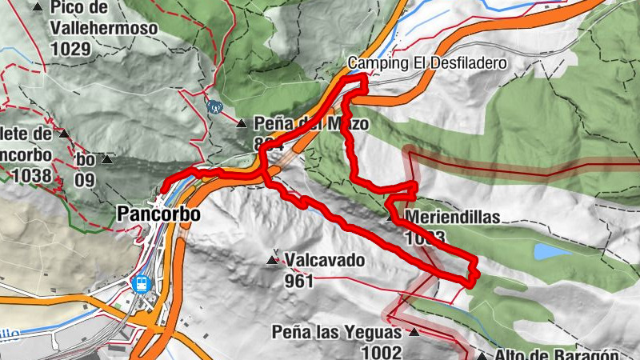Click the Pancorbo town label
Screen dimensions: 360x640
click(x=158, y=214)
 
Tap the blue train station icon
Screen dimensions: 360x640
click(x=142, y=283)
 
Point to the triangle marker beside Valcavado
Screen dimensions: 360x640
click(x=273, y=259)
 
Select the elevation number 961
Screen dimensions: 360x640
click(x=298, y=281)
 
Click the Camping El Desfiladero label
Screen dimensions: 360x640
click(x=428, y=63)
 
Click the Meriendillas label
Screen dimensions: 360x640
click(x=453, y=217)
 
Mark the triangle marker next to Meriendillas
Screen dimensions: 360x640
click(x=392, y=217)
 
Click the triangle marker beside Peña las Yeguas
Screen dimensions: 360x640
click(x=414, y=331)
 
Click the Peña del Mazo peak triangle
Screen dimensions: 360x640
click(x=242, y=123)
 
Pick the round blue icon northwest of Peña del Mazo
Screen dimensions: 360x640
click(x=214, y=106)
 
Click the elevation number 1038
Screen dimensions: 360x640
click(x=32, y=175)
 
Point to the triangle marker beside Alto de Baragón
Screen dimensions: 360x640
click(x=482, y=356)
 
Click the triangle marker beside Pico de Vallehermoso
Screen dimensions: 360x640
click(x=38, y=7)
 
